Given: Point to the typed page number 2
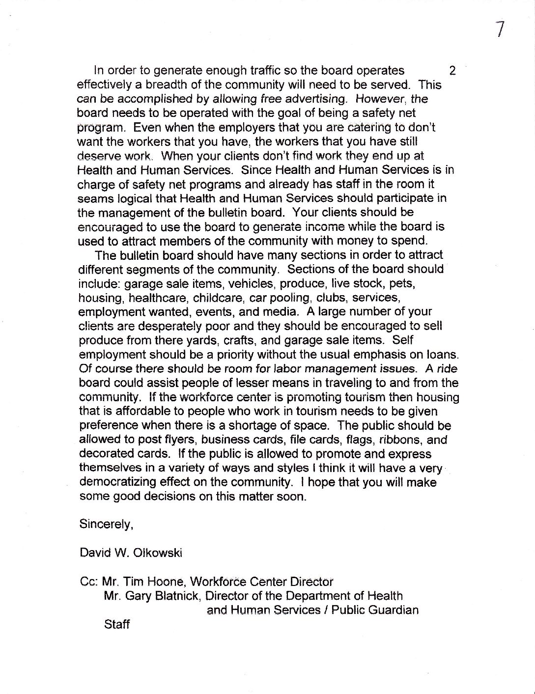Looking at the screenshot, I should click(x=452, y=71).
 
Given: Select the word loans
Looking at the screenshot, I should click(x=444, y=354).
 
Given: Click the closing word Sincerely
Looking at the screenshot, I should click(x=106, y=525).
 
